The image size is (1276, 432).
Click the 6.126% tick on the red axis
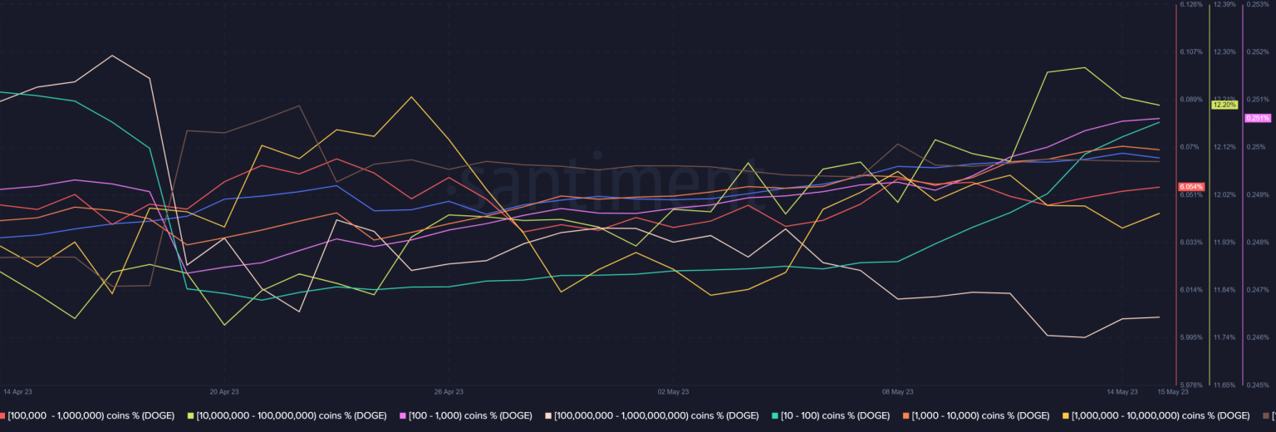[1190, 4]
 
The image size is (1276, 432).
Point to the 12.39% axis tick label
[1224, 4]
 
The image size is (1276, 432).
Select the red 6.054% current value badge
[1190, 187]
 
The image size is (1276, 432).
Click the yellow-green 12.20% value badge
[1224, 105]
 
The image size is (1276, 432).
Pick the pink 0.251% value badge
[1258, 118]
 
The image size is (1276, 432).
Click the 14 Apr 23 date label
[17, 390]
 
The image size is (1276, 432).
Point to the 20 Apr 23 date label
[224, 390]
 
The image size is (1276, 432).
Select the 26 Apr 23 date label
[449, 390]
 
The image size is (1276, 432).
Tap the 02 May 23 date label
[673, 390]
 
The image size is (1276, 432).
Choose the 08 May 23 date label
[898, 390]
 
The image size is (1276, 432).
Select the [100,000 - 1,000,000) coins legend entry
[91, 415]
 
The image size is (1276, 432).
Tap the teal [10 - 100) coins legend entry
[831, 415]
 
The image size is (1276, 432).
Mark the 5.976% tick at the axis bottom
[1190, 385]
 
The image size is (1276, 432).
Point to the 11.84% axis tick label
[1224, 289]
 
